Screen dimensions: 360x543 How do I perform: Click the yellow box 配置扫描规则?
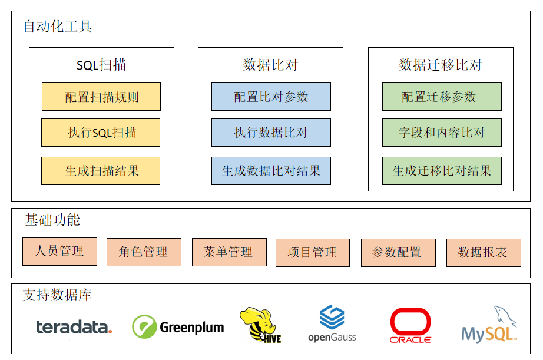[101, 97]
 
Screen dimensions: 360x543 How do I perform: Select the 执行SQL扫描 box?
[101, 133]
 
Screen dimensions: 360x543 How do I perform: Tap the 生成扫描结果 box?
[101, 171]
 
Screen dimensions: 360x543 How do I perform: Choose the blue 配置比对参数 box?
[271, 97]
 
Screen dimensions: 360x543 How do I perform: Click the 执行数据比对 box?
[271, 133]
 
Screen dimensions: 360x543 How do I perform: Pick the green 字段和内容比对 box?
[442, 133]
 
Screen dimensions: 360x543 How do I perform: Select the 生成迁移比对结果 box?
[442, 171]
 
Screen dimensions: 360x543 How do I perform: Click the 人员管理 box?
[59, 251]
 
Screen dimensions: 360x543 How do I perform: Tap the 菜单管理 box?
[229, 252]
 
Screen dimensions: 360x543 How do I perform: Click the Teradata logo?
[74, 328]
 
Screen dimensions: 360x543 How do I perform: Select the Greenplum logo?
[178, 327]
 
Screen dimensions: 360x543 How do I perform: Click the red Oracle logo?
[410, 326]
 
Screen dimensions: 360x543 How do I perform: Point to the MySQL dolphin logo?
[489, 326]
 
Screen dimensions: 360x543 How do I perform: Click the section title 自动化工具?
[58, 27]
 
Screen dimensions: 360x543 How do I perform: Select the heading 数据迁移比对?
[441, 65]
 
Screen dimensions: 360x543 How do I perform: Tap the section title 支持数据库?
[58, 295]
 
